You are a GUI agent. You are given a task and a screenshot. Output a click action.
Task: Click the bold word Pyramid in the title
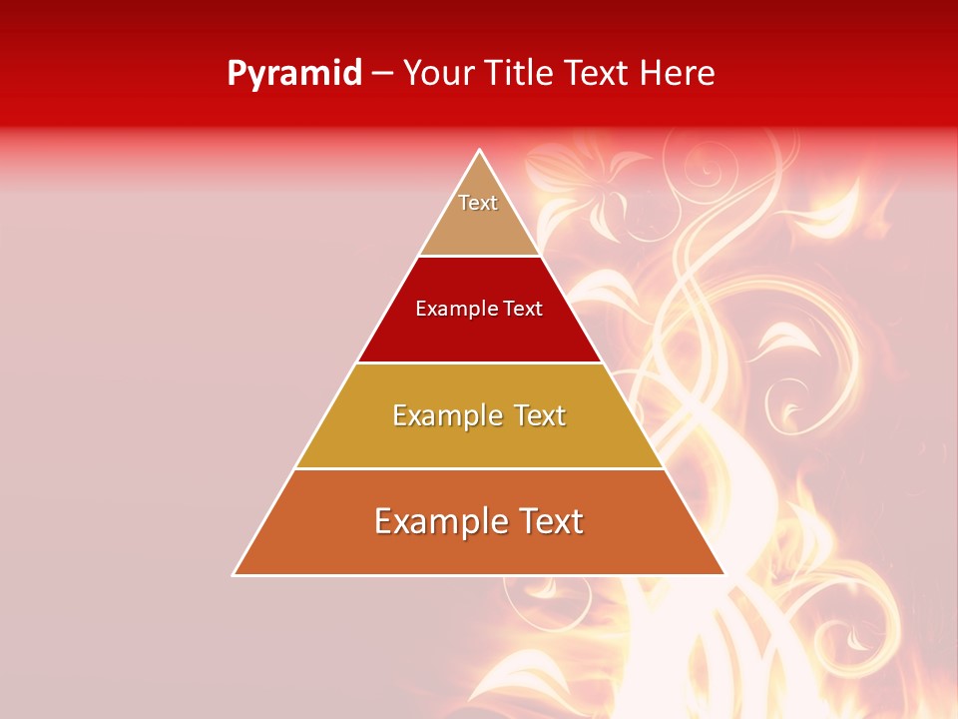293,74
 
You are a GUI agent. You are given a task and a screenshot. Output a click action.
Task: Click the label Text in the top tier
478,203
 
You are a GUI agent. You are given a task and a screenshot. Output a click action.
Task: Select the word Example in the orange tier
439,522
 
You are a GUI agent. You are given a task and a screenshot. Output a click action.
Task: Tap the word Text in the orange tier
548,522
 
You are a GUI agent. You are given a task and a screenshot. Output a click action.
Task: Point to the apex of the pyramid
480,151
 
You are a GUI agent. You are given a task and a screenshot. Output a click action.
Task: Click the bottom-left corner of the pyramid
235,574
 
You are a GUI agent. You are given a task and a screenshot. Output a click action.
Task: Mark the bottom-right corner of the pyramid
723,574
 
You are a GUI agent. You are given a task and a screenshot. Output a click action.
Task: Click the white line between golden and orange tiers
479,468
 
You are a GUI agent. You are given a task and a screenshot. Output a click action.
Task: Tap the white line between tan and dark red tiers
479,256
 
